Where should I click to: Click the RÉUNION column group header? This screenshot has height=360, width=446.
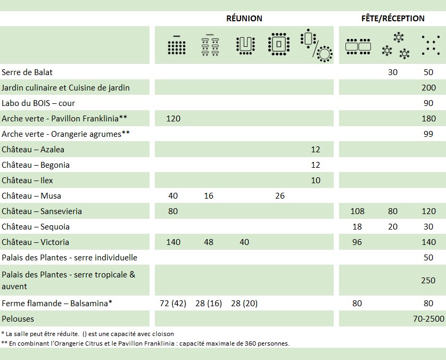point(244,18)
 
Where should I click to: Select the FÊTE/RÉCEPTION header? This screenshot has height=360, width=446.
point(392,18)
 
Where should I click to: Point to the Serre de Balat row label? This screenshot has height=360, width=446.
point(27,72)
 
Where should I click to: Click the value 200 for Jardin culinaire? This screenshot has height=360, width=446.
point(428,87)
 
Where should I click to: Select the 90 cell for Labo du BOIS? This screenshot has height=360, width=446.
point(428,103)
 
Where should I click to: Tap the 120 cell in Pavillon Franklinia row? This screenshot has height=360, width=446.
point(174,118)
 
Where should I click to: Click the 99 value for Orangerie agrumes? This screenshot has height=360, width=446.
point(428,134)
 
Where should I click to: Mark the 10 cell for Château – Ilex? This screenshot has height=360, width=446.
point(316,180)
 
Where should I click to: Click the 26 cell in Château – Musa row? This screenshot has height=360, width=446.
point(280,195)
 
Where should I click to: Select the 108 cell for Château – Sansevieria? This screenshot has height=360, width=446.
point(357,211)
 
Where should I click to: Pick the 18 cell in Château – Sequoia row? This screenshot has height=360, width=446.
point(357,226)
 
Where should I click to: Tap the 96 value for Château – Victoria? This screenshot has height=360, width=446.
point(357,242)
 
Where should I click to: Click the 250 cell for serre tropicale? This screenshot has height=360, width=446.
point(428,280)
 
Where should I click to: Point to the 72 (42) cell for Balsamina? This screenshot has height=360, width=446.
point(173,303)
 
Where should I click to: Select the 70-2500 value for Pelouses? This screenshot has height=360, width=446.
point(424,318)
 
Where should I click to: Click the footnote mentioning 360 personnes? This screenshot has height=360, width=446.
point(145,343)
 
